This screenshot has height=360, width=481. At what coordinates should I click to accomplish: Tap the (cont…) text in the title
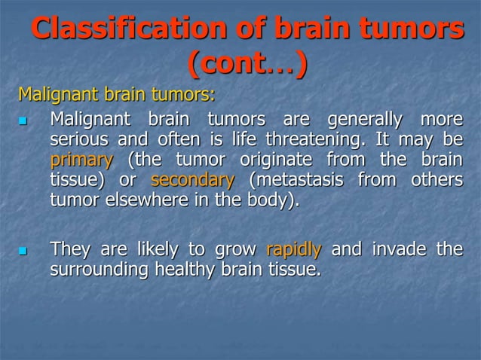click(x=247, y=66)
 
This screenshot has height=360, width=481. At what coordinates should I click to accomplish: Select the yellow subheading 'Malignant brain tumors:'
click(x=116, y=96)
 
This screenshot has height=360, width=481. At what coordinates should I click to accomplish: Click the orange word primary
click(x=81, y=160)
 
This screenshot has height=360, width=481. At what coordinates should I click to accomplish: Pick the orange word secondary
click(x=193, y=181)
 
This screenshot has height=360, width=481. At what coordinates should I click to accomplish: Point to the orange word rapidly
click(x=294, y=249)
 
